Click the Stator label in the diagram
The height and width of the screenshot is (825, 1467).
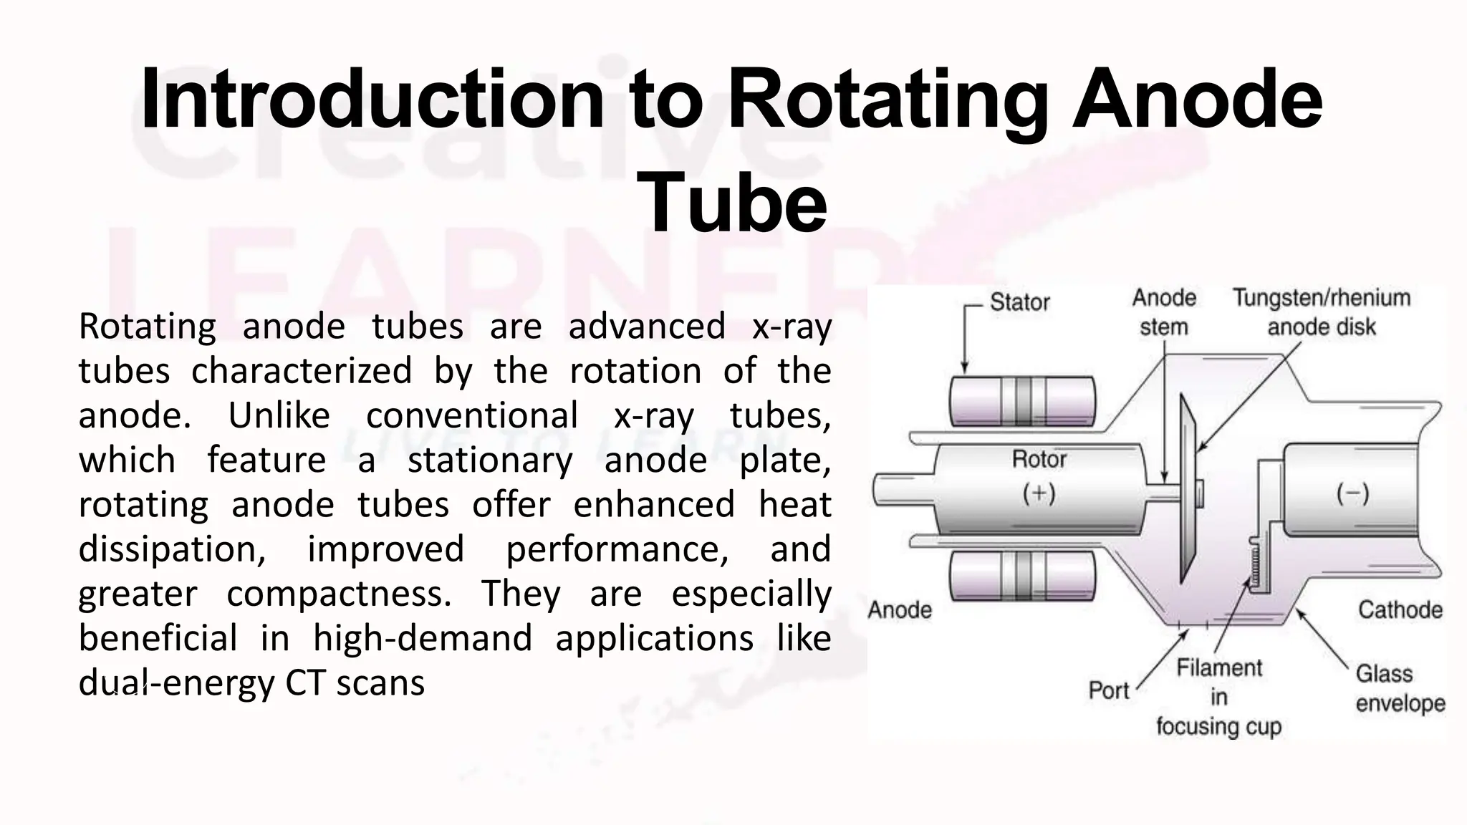[x=1019, y=302]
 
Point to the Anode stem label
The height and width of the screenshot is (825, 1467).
[x=1164, y=312]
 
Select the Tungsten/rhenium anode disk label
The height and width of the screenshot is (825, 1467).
[x=1322, y=312]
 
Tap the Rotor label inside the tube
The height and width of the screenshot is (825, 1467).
[x=1039, y=459]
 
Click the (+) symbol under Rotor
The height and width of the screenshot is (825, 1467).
[x=1039, y=493]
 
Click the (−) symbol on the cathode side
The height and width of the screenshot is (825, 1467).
[x=1352, y=493]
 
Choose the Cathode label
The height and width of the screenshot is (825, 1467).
[x=1400, y=610]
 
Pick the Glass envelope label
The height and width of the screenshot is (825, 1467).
[x=1400, y=688]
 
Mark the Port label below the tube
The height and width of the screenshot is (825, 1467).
[x=1108, y=690]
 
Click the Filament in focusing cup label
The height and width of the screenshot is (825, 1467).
[x=1218, y=697]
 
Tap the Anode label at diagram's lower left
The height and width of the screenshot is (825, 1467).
[x=900, y=610]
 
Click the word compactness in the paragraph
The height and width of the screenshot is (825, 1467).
[x=339, y=594]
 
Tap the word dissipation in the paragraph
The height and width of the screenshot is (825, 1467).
[x=172, y=549]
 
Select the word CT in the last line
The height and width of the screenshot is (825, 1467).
[x=304, y=683]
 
